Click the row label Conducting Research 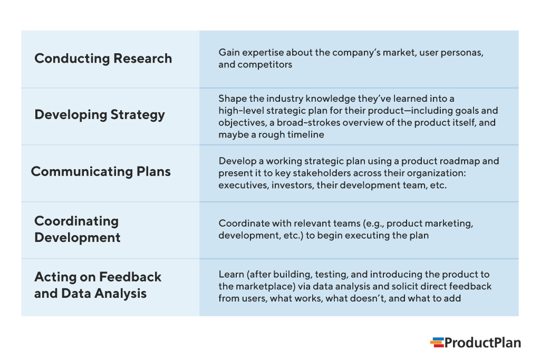coord(103,59)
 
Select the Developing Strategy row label coord(99,115)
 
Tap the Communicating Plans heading coord(101,171)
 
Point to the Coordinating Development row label coord(77,229)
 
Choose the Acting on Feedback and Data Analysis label coord(98,285)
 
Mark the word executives coord(243,185)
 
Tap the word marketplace coord(261,286)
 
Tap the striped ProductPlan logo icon coord(437,343)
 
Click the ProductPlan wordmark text coord(482,343)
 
